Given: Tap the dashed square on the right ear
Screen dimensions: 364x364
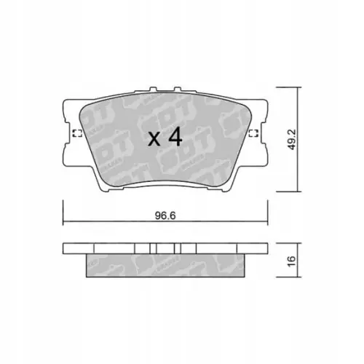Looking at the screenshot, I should (253, 132).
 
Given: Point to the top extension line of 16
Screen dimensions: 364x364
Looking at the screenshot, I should (288, 244).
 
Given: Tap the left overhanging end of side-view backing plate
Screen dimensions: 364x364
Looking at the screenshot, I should (73, 248).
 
